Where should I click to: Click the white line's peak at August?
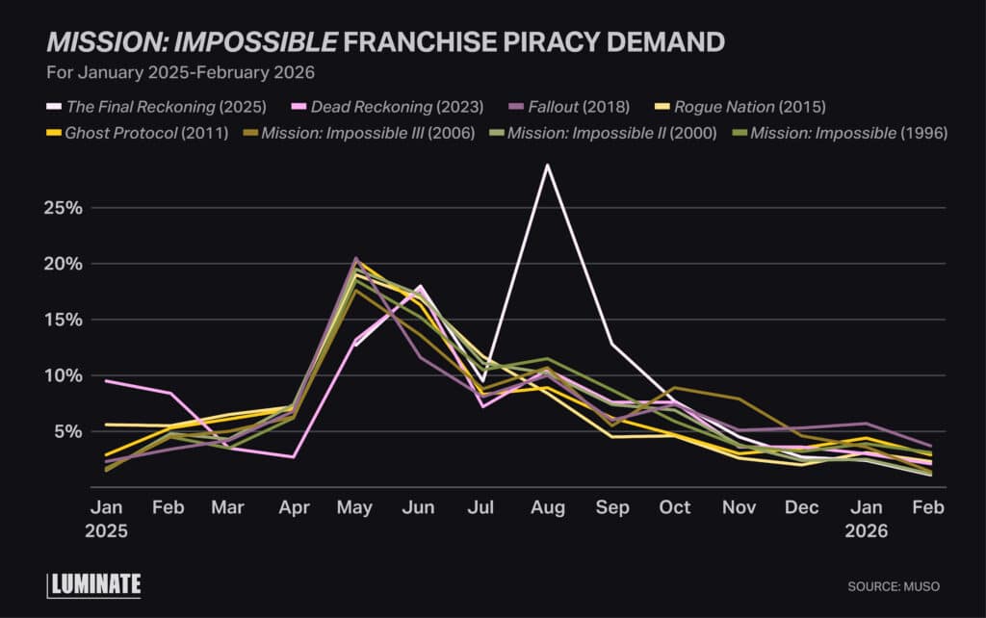[548, 165]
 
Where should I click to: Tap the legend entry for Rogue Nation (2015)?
[750, 107]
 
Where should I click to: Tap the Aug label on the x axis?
[548, 507]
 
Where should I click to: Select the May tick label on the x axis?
[356, 507]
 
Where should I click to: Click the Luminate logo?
[94, 584]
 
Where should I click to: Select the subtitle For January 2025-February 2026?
[181, 71]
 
